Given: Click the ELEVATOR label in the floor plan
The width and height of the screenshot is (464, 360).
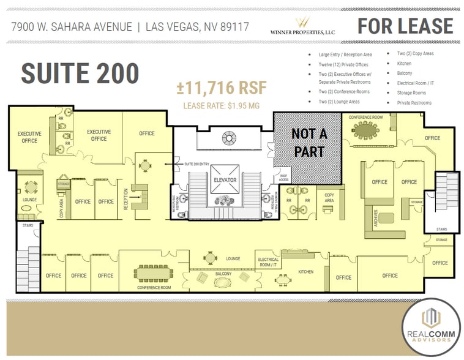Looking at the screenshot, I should click(x=225, y=180).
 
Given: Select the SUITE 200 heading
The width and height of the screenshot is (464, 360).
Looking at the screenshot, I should click(x=80, y=73).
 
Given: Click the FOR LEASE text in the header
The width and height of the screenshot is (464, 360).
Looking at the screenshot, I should click(x=405, y=26).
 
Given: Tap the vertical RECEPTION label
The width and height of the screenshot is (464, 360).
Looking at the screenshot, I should click(x=126, y=200).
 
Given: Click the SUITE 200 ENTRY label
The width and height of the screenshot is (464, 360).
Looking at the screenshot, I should click(x=196, y=163).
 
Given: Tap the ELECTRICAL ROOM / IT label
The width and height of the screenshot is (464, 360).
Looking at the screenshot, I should click(x=268, y=261).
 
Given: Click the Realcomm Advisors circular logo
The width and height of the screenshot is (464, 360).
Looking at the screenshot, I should click(x=432, y=326).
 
